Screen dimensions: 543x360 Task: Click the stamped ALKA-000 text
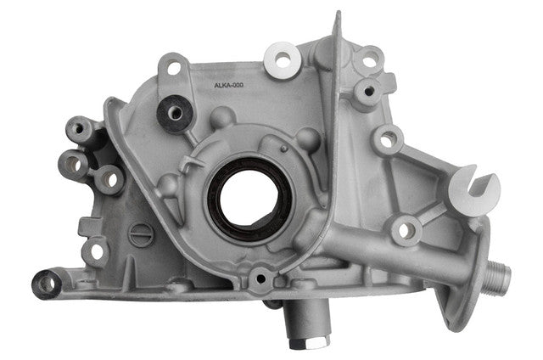point(228,85)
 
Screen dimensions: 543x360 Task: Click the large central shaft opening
point(249,199)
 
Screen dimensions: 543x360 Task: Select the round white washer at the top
point(283,60)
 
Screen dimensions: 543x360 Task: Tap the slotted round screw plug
point(141,235)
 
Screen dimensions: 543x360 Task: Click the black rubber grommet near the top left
point(175,113)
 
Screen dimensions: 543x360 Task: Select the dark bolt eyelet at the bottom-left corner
point(47,284)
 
